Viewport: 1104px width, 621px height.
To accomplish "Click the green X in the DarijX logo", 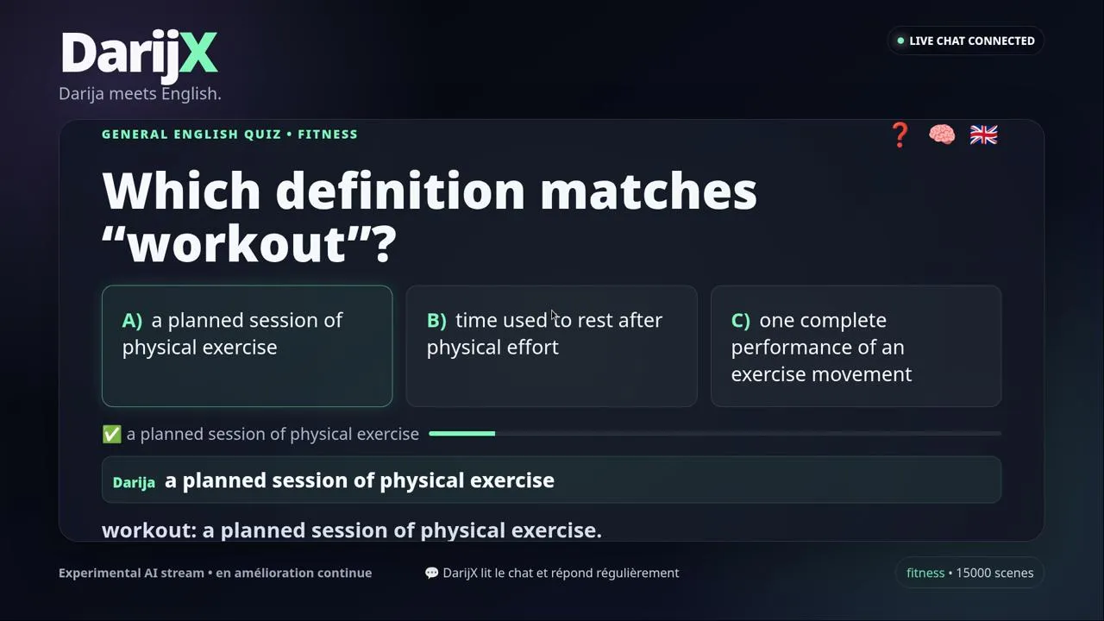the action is (x=198, y=53).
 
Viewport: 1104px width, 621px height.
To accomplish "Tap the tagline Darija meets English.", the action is (x=140, y=94).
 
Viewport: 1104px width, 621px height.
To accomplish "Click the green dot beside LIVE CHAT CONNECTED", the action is (x=900, y=41).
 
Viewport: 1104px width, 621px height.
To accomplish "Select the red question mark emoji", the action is (x=900, y=135).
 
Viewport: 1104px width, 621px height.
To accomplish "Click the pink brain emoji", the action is (x=942, y=135).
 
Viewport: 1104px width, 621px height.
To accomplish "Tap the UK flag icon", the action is (x=984, y=135).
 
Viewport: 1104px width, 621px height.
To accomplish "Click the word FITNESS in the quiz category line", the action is (x=328, y=134).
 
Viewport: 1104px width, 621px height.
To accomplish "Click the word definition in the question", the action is (x=400, y=191).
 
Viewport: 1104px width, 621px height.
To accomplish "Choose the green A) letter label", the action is (x=132, y=320).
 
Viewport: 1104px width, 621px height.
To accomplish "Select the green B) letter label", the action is (x=436, y=320).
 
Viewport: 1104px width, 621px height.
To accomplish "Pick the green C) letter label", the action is (x=741, y=320).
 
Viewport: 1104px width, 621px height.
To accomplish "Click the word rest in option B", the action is (x=595, y=320).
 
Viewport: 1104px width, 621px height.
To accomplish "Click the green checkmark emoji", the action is (x=112, y=434).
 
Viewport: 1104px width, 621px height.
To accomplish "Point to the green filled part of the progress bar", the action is (x=461, y=434).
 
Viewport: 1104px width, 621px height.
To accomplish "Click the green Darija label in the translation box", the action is (x=134, y=482).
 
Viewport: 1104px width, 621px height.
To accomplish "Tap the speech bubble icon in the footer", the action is (x=432, y=573).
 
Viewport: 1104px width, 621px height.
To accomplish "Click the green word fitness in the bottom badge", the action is (x=925, y=573).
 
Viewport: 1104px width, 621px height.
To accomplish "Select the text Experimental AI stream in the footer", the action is (x=131, y=573).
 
